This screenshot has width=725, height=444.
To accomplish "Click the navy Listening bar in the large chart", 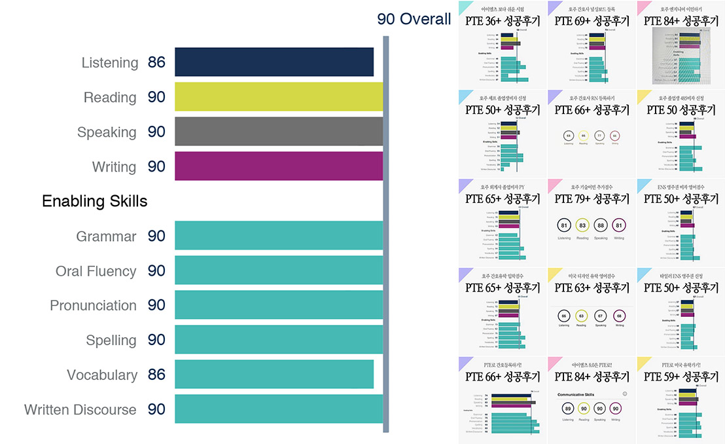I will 274,62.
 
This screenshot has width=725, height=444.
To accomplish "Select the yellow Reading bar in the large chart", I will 279,97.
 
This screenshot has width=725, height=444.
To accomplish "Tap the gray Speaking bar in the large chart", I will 279,132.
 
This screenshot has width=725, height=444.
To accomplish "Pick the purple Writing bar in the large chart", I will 279,166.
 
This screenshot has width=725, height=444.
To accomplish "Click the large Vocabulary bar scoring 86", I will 274,375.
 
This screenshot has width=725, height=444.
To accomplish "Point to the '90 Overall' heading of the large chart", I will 414,19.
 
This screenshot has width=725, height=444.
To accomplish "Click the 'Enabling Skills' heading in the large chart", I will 95,201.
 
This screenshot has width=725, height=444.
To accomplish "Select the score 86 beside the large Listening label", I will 156,63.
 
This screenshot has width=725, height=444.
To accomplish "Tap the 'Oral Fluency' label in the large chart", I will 96,271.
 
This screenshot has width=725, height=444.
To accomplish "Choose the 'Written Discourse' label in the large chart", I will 80,410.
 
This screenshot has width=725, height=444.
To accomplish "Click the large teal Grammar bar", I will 279,236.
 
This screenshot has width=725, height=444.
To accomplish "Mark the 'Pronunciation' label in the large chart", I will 94,306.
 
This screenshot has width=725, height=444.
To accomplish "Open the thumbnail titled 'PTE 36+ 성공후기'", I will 503,21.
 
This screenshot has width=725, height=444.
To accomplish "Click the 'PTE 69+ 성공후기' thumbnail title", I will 592,21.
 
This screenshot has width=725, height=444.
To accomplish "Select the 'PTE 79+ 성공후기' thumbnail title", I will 592,198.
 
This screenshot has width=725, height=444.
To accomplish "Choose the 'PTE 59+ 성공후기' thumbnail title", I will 681,377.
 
